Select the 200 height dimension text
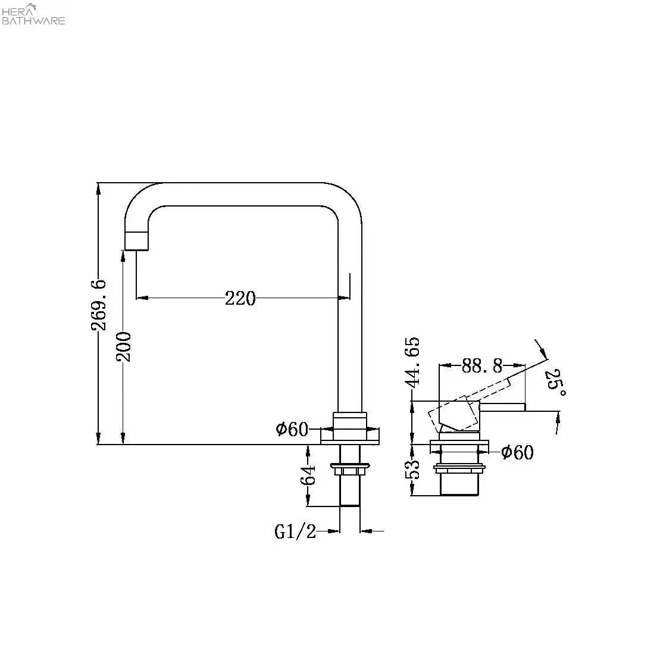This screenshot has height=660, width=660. (x=124, y=346)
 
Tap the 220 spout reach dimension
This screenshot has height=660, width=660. (x=240, y=298)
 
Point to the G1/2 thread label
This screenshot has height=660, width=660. (x=295, y=531)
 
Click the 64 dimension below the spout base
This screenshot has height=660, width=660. (x=308, y=476)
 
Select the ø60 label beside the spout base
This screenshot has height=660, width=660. (x=291, y=428)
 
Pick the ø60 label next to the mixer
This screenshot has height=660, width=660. (x=517, y=452)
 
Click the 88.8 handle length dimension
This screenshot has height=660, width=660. (x=481, y=365)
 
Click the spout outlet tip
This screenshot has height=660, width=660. (x=136, y=241)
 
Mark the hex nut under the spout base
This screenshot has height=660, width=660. (x=349, y=471)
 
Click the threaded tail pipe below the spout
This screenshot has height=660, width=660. (x=349, y=491)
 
